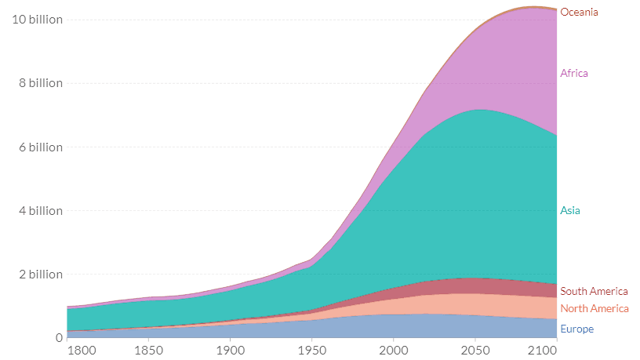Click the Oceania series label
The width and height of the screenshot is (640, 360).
579,12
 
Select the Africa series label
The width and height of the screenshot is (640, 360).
573,73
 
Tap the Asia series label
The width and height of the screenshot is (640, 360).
570,210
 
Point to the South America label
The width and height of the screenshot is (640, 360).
594,291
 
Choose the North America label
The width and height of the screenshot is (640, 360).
594,308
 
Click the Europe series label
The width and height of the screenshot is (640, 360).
576,329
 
